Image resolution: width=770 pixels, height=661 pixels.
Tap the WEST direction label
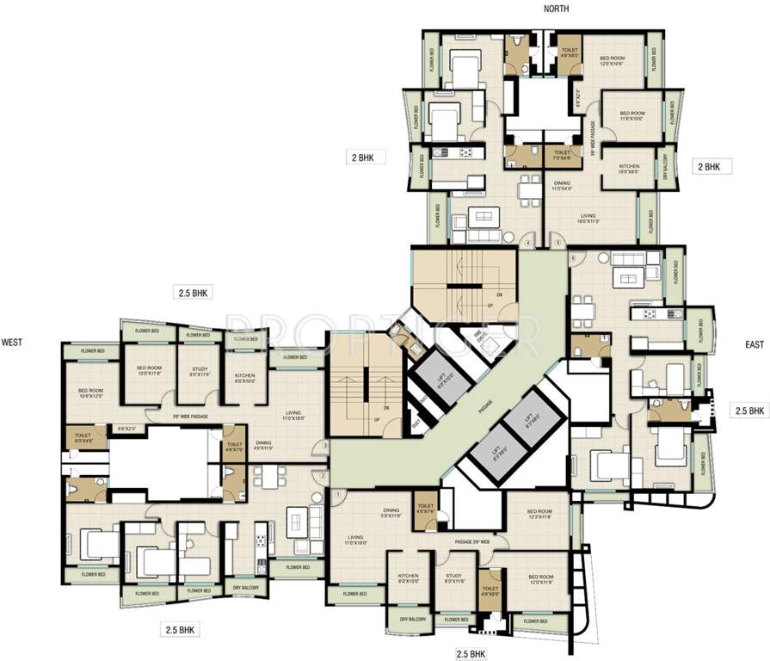[12, 342]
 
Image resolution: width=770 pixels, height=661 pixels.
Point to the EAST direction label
[755, 344]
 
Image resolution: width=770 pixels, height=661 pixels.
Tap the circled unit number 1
[338, 493]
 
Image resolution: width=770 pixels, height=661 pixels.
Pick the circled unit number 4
[527, 244]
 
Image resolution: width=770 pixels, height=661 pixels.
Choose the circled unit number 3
[324, 446]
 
